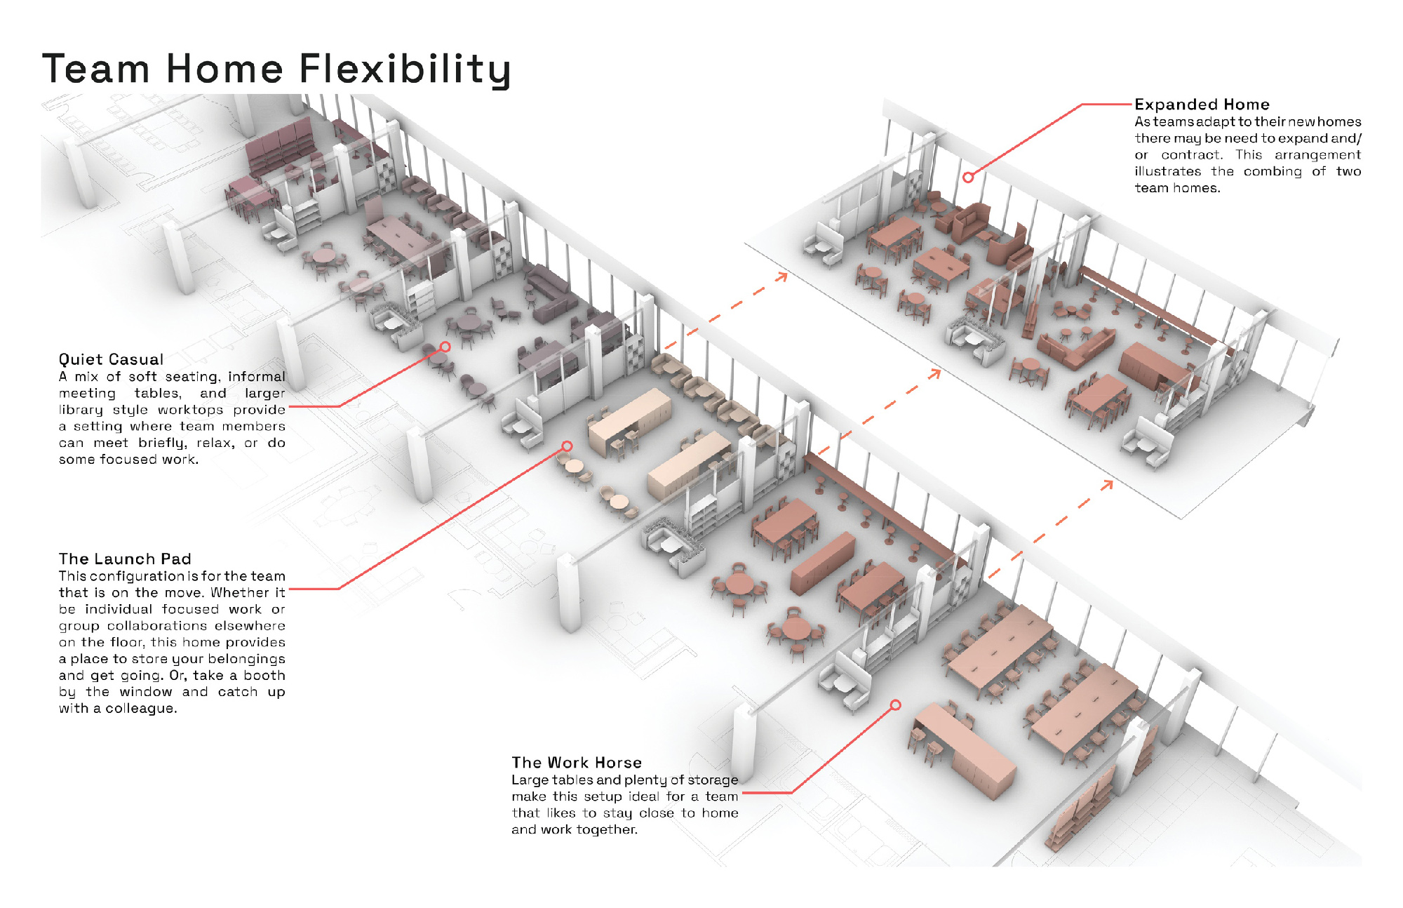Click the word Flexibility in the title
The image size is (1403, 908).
[x=405, y=69]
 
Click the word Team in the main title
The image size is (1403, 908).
[x=96, y=69]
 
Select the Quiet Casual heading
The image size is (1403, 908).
[x=111, y=359]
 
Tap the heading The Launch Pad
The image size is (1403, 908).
[x=125, y=559]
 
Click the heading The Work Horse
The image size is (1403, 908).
[x=577, y=762]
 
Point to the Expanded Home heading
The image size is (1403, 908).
[x=1202, y=105]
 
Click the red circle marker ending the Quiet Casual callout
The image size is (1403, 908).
[x=445, y=347]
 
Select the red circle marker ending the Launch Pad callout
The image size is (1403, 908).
[x=567, y=446]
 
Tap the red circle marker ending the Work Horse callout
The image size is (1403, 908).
[x=895, y=705]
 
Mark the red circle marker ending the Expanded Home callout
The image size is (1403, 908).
[x=968, y=178]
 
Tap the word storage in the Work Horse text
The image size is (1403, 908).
[x=713, y=780]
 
